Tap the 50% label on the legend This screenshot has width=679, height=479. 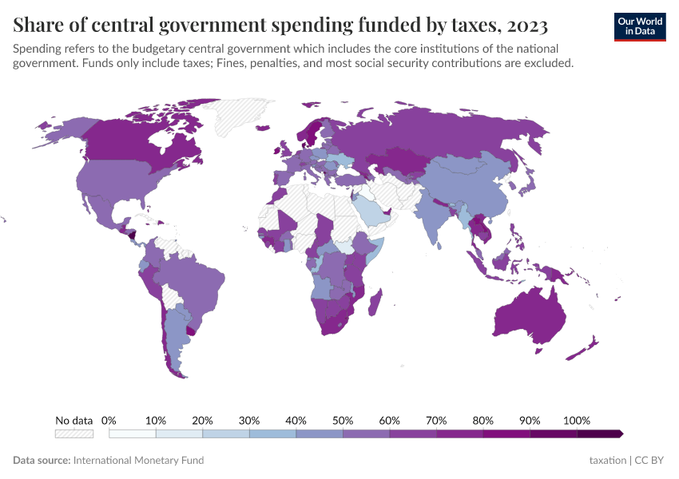(343, 420)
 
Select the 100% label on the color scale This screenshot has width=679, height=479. (576, 420)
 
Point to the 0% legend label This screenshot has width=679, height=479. (109, 420)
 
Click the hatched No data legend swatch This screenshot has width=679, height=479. (73, 433)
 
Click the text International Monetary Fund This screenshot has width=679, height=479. (138, 461)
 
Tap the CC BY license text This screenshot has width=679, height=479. (650, 461)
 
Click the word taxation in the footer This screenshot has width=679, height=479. (607, 461)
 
